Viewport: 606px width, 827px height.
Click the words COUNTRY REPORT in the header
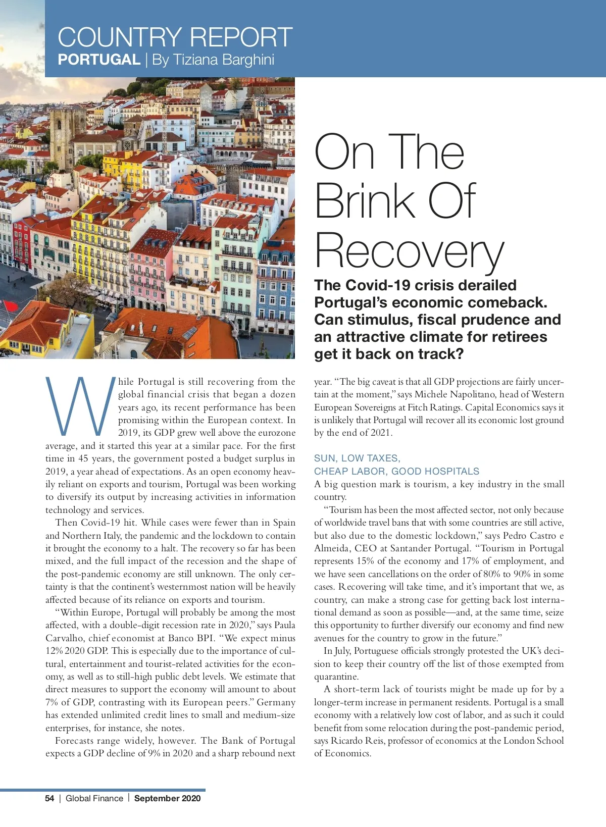point(175,37)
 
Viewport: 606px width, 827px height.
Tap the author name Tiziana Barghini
point(213,60)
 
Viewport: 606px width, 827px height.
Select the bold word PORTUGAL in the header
point(99,60)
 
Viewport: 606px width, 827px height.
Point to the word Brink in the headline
point(365,200)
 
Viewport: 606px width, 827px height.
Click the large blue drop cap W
point(78,406)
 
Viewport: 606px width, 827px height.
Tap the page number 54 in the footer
point(49,798)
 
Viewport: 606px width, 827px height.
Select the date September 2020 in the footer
point(167,798)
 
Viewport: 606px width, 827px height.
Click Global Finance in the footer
point(94,798)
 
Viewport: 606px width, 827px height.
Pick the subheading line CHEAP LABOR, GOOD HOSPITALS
point(396,471)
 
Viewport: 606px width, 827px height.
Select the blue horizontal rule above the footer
point(103,790)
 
